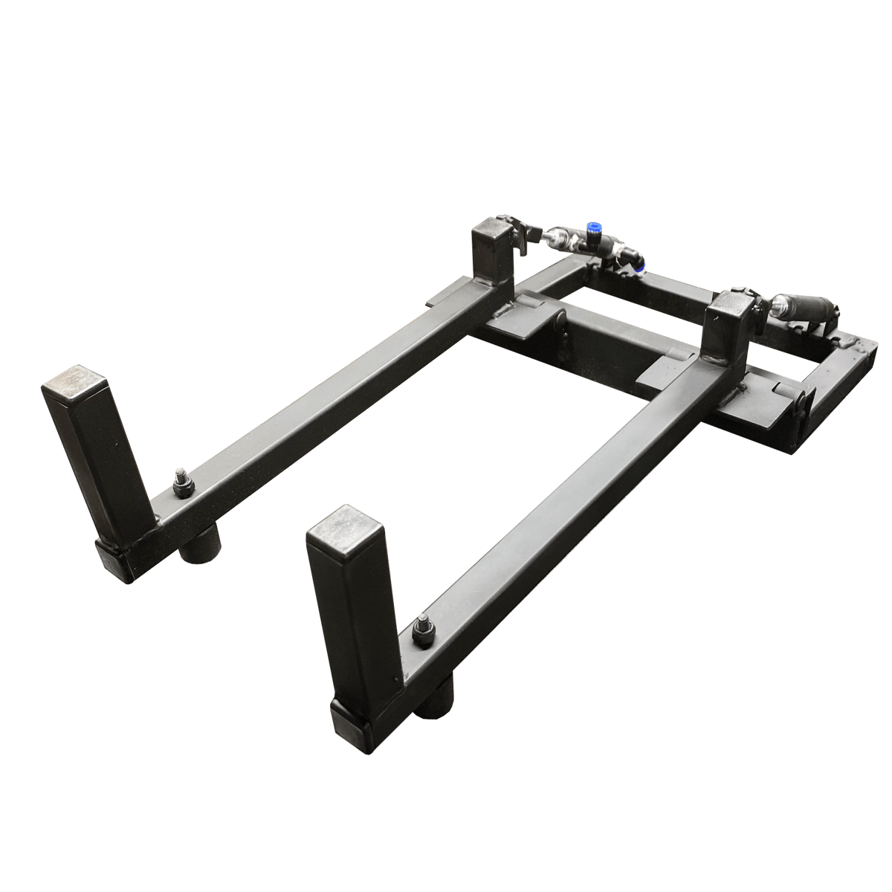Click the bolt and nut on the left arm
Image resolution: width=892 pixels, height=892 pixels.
pyautogui.click(x=182, y=484)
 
